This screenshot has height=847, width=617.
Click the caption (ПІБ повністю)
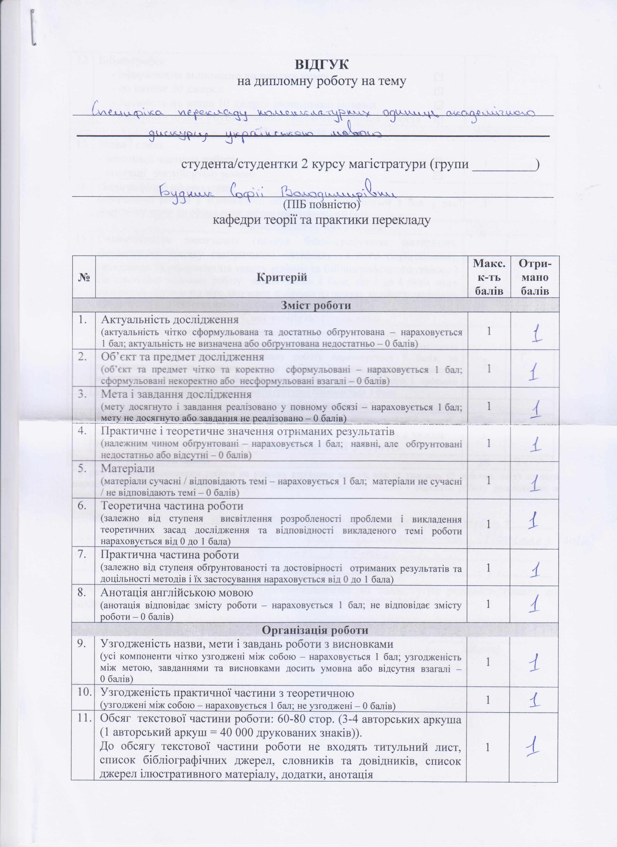322,205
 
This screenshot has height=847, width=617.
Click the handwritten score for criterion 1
537,333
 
